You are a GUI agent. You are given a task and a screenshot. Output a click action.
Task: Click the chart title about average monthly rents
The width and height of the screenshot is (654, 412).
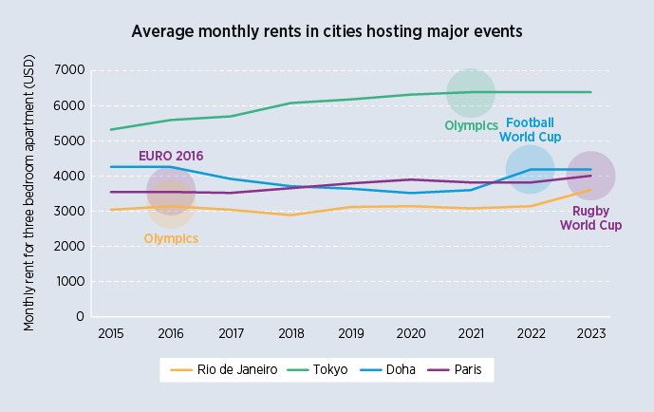pos(327,31)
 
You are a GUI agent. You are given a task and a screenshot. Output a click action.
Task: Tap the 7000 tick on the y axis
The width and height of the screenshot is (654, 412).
pos(69,70)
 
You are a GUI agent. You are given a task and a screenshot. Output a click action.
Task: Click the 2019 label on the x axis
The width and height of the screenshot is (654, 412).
pos(350,334)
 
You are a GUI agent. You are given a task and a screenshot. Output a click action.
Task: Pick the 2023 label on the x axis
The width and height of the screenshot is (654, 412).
pos(590,334)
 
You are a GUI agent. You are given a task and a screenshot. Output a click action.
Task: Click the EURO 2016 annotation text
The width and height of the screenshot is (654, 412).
pos(171,156)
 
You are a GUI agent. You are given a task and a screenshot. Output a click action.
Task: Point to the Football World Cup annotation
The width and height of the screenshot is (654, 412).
pos(530,129)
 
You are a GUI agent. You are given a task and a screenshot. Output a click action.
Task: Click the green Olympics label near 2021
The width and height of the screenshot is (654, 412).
pos(471,125)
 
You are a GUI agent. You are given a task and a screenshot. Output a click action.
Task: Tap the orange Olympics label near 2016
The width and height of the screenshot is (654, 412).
pos(171,238)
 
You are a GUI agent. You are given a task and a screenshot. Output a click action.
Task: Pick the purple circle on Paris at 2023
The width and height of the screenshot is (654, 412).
pos(590,176)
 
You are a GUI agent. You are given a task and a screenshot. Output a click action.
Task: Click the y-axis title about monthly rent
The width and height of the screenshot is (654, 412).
pos(28,193)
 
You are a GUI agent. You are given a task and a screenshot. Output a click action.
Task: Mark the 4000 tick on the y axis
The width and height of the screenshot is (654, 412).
pos(69,176)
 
